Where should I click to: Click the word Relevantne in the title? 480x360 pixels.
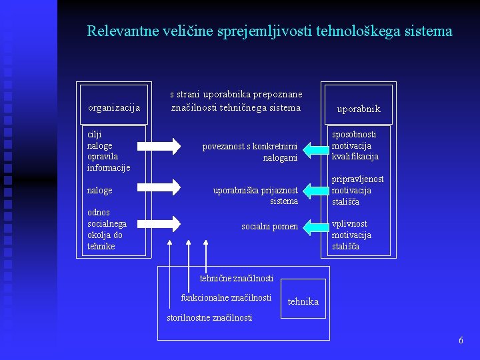pos(117,31)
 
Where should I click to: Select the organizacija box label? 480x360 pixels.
pos(114,107)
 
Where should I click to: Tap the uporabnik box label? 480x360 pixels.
pos(359,109)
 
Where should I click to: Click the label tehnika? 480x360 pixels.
pos(303,302)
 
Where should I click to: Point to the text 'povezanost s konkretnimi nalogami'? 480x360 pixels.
pos(251,151)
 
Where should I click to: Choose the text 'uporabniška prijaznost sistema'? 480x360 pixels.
pos(256,195)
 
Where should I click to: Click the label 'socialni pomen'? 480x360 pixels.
pos(269,227)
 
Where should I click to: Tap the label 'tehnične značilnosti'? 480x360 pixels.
pos(237,278)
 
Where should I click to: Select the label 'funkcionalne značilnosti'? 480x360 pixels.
pos(226,297)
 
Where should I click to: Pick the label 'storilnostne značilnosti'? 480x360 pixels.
pos(209,318)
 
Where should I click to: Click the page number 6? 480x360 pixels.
pos(461,341)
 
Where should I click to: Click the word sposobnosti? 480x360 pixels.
pos(354,134)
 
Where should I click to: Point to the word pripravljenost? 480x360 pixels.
pos(358,179)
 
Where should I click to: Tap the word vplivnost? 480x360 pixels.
pos(349,224)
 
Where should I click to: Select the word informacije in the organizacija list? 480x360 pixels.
pos(109,168)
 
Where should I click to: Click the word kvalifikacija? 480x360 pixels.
pos(355,157)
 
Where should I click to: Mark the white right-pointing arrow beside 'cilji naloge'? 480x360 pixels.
pos(163,146)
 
